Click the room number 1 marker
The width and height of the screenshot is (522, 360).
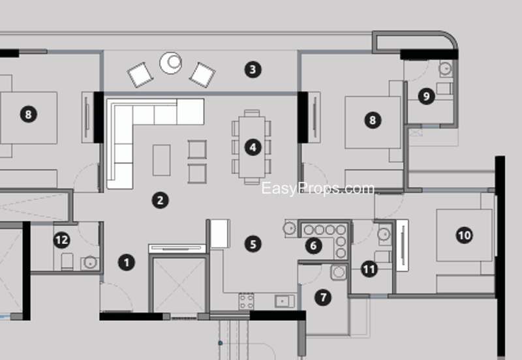click(x=127, y=263)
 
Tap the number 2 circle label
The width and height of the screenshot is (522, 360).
click(x=160, y=200)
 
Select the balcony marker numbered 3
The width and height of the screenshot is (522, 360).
click(x=253, y=70)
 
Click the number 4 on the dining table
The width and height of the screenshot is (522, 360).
click(x=253, y=147)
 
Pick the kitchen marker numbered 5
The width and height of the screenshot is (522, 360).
click(x=253, y=244)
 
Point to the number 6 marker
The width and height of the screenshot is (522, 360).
click(x=314, y=246)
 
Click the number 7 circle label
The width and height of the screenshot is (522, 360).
click(x=323, y=297)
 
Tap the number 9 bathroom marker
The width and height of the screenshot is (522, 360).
click(x=427, y=96)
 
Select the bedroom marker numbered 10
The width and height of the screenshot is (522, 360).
click(x=465, y=235)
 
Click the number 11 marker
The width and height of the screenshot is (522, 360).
click(x=369, y=269)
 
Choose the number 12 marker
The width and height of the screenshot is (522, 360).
click(x=61, y=240)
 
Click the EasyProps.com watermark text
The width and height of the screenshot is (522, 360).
click(x=318, y=188)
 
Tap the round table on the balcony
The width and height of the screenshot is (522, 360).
click(x=170, y=63)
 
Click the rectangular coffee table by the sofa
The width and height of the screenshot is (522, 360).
click(x=161, y=160)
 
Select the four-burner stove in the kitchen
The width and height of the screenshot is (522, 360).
click(x=247, y=301)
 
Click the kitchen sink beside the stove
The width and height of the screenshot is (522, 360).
click(x=284, y=301)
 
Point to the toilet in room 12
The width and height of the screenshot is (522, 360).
click(x=67, y=262)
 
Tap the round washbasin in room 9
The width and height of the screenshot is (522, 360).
click(x=445, y=68)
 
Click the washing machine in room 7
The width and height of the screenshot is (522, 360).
click(x=339, y=272)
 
